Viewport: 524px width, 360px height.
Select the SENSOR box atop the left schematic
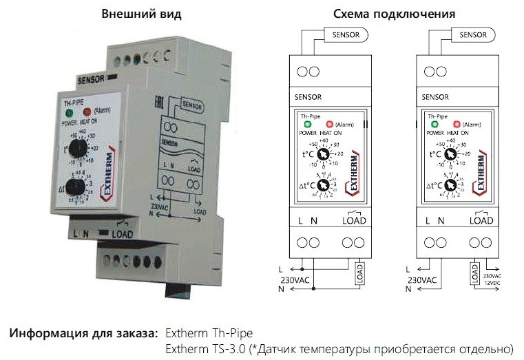pyautogui.click(x=348, y=34)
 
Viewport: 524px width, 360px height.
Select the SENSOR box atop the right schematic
pyautogui.click(x=473, y=34)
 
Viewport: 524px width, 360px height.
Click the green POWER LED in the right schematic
pyautogui.click(x=434, y=124)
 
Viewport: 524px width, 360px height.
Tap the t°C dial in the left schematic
pyautogui.click(x=322, y=156)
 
